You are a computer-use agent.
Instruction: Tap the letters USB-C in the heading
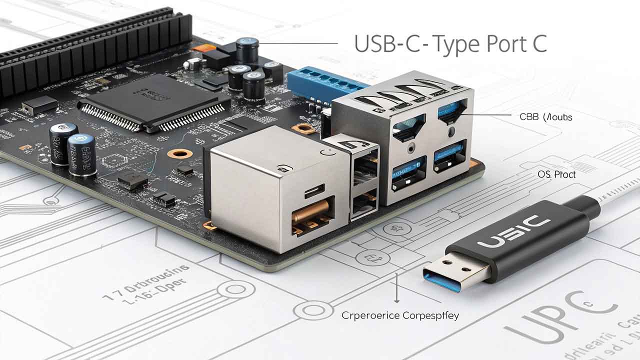(382, 44)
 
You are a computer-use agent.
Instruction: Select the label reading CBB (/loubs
(545, 117)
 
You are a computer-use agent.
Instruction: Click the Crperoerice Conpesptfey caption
(400, 315)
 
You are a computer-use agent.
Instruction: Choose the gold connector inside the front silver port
(312, 212)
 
